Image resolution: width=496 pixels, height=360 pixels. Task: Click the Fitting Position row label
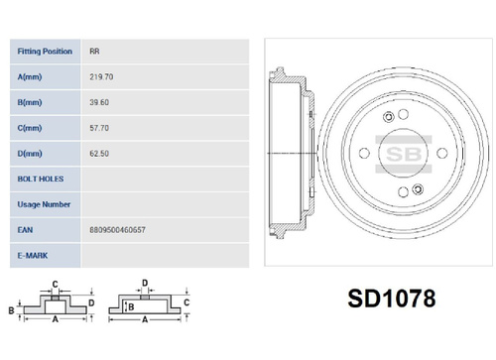[45, 52]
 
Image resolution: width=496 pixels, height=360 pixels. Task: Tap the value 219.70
[101, 76]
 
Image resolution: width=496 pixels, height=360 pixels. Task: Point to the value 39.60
[99, 102]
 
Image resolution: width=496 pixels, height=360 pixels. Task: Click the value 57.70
[99, 128]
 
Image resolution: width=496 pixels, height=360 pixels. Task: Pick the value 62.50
[99, 154]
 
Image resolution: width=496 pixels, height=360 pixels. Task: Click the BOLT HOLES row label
[41, 179]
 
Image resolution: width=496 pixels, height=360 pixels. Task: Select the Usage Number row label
[44, 204]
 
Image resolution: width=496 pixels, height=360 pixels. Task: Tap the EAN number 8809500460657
[117, 230]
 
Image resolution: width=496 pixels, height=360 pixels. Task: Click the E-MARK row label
[33, 256]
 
